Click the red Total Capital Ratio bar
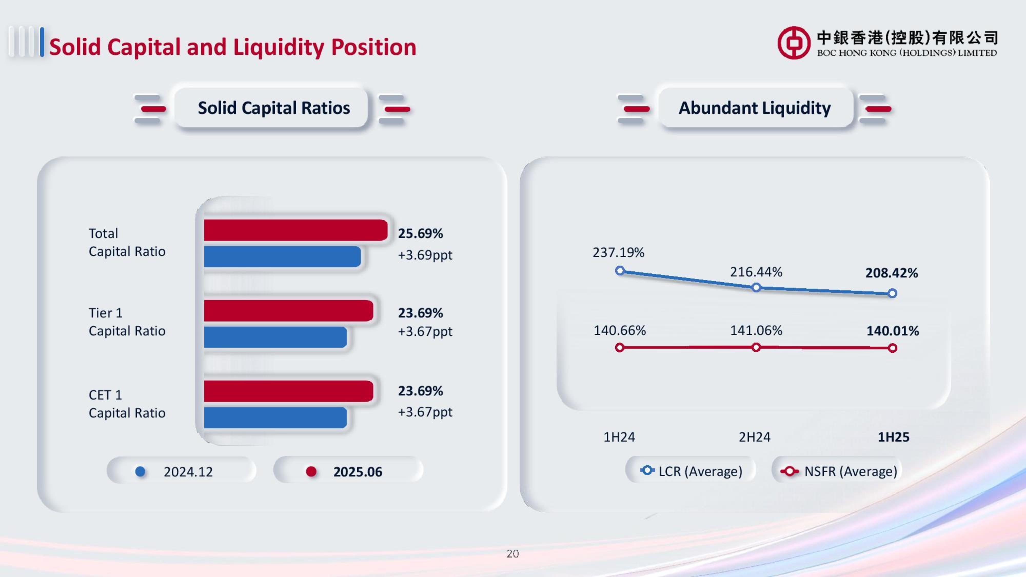(295, 230)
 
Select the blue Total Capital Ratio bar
(282, 256)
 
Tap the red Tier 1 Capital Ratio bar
(288, 311)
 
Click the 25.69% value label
(420, 233)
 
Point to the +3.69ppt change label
(425, 255)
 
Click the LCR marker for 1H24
(619, 271)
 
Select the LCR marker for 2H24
(756, 287)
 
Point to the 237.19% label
(618, 252)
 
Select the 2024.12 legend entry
(181, 472)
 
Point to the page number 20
(512, 553)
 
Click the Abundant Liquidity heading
(755, 108)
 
